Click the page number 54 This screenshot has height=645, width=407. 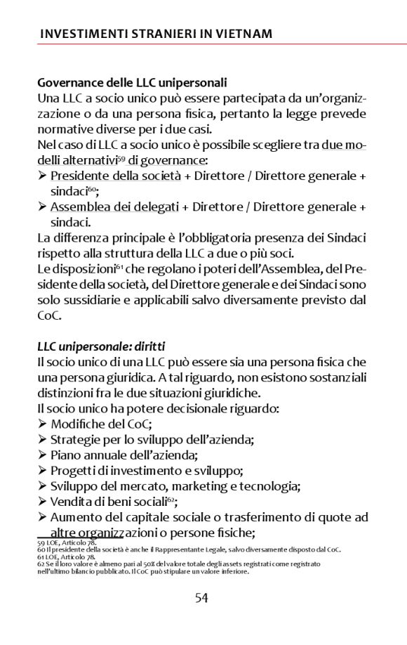201,598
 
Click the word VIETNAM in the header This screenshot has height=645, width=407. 242,33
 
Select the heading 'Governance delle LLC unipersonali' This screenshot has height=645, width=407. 132,82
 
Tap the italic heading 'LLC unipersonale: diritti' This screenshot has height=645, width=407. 101,346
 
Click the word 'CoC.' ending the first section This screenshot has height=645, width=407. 50,315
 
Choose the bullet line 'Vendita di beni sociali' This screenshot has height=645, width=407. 112,501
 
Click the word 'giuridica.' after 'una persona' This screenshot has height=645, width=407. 111,377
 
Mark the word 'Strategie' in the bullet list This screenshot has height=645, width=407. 74,439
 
